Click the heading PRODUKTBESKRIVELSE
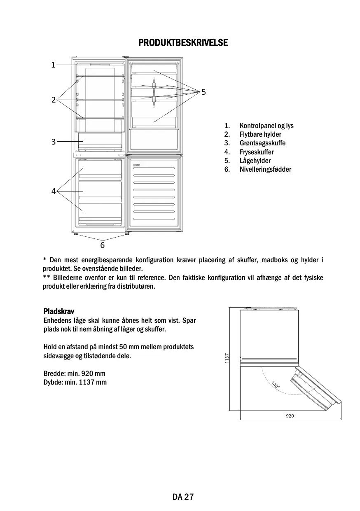pos(183,43)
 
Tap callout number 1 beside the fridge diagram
pos(53,65)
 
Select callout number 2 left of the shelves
pos(53,100)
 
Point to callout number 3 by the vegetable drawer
pos(53,142)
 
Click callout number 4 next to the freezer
pos(53,191)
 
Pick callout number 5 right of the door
pos(203,91)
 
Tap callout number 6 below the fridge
pos(102,245)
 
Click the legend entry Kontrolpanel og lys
pos(266,126)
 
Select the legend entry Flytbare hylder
pos(260,135)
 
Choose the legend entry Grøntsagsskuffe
pos(262,143)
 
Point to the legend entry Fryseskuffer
pos(257,152)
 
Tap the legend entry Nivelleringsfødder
pos(265,169)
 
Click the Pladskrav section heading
pos(58,311)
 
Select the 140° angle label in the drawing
pos(275,385)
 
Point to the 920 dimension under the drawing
pos(290,416)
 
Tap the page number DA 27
pos(183,497)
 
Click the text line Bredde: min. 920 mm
pos(74,373)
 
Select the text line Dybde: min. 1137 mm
pos(75,382)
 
